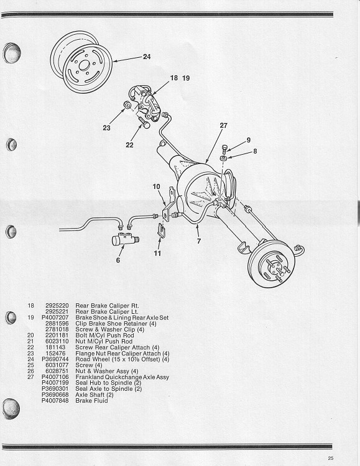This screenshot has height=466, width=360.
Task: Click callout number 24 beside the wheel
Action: (146, 57)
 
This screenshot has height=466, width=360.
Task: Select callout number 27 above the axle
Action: (223, 126)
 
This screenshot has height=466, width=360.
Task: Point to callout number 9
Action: (248, 140)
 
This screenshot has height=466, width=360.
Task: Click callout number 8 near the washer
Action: (254, 150)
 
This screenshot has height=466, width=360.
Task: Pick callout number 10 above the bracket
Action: (157, 186)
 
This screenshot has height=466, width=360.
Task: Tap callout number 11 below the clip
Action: (157, 254)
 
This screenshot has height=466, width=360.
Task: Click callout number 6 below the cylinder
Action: (118, 261)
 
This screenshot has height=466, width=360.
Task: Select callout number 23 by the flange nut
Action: (106, 129)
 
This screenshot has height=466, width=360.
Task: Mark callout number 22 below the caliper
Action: (129, 145)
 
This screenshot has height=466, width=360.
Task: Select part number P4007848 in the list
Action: (54, 401)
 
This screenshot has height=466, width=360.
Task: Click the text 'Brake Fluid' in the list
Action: (91, 401)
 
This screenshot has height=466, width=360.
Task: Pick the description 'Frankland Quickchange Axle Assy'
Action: (122, 377)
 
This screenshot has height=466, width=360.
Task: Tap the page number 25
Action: (338, 459)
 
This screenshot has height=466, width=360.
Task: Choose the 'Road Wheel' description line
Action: (122, 359)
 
